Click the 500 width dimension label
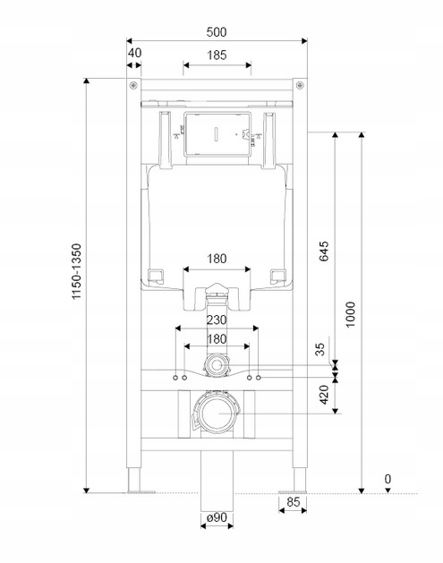pos(217,32)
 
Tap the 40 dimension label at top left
pos(134,53)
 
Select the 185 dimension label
pos(217,55)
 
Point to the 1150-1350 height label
pos(77,271)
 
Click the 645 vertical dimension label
pos(324,251)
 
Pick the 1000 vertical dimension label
pos(351,314)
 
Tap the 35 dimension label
pos(319,349)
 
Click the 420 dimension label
pos(324,394)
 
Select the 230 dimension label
pos(217,320)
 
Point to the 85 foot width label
pos(294,501)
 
